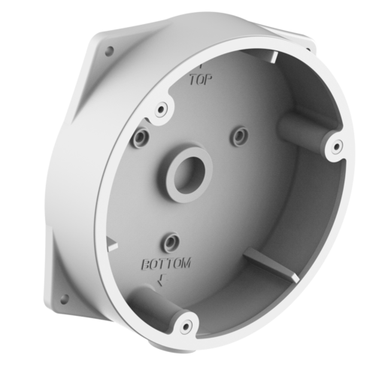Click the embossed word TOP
(x=201, y=80)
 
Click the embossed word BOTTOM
(x=166, y=264)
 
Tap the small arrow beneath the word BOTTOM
(x=162, y=280)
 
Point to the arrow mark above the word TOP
(x=201, y=66)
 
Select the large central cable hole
(x=190, y=174)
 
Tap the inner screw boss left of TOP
(x=141, y=137)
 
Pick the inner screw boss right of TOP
(x=241, y=135)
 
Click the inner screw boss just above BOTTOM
(x=171, y=241)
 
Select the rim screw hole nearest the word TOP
(x=161, y=109)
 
